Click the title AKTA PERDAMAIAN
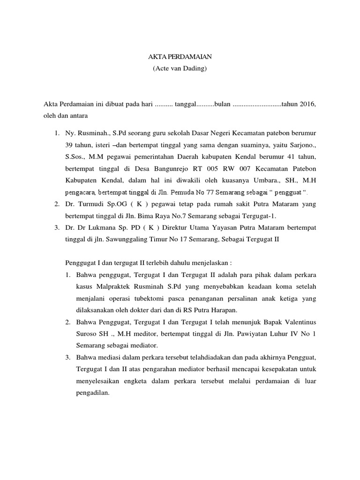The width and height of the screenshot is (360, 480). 180,57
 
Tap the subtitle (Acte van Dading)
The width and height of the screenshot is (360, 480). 180,68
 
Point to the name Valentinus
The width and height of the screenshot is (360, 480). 297,321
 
